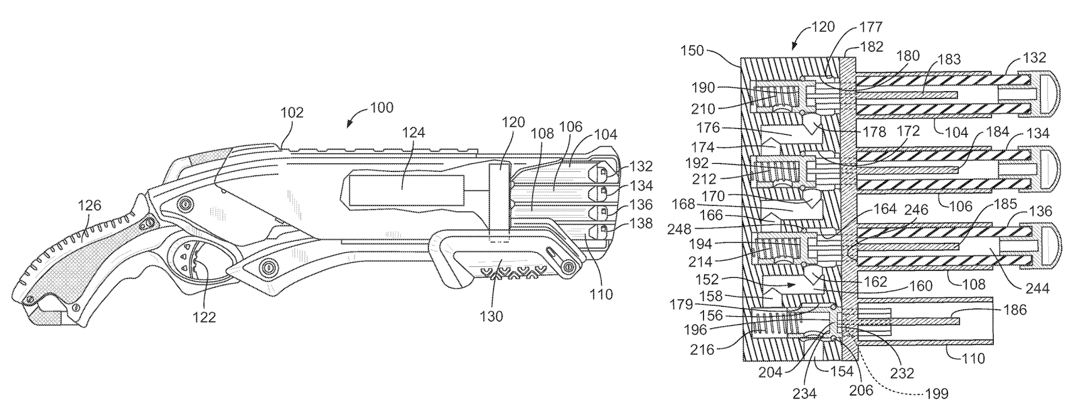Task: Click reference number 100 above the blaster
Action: click(x=381, y=107)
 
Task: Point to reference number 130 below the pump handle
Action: click(x=491, y=316)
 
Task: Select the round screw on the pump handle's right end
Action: click(x=569, y=268)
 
